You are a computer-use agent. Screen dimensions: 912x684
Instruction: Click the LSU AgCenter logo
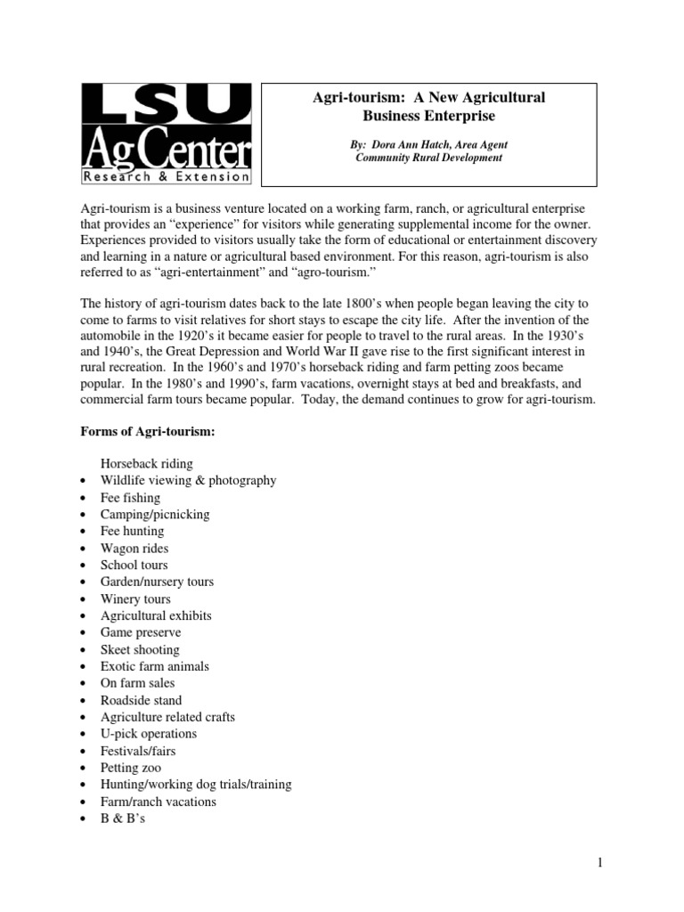coord(167,133)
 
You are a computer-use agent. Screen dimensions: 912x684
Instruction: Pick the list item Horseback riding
coord(146,464)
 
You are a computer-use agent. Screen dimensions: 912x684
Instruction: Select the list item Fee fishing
coord(130,498)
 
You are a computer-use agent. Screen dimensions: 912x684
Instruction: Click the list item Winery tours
coord(135,599)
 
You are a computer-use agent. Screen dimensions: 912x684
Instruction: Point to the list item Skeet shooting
coord(140,650)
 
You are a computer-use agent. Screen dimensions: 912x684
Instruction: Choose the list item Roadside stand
coord(141,701)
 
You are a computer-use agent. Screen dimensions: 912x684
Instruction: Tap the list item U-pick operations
coord(149,734)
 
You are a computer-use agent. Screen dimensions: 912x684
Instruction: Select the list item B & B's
coord(123,818)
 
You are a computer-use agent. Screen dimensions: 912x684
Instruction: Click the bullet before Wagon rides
coord(82,550)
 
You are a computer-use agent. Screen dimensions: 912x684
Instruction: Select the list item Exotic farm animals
coord(155,667)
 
